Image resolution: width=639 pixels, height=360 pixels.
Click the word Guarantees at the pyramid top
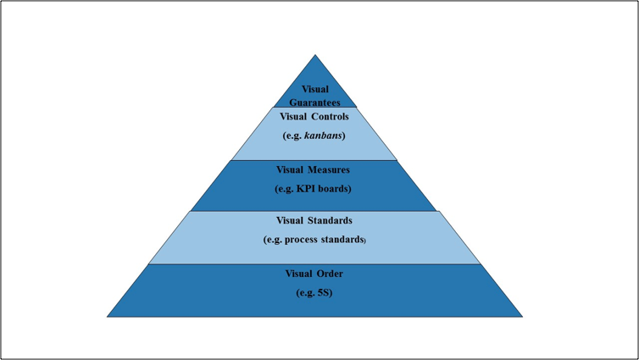tap(314, 102)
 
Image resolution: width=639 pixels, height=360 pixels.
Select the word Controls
tap(331, 117)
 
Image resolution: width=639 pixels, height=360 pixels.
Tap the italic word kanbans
tap(323, 136)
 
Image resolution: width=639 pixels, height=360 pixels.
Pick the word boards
tap(332, 189)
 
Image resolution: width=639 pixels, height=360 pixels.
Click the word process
tap(301, 240)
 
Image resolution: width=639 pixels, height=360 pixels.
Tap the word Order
tap(328, 274)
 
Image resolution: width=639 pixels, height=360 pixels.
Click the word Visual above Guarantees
tap(315, 89)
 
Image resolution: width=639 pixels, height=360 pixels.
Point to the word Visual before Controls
tap(293, 117)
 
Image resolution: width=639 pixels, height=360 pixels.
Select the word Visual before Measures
tap(290, 169)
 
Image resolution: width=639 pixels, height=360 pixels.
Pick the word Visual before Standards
tap(290, 220)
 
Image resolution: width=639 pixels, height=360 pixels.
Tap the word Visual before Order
tap(298, 274)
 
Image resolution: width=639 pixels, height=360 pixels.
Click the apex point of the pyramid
tap(315, 55)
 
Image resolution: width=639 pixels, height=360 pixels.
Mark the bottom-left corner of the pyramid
tap(107, 317)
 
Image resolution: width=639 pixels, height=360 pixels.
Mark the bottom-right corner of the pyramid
tap(522, 317)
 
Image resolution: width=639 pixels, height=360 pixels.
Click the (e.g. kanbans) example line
tap(314, 136)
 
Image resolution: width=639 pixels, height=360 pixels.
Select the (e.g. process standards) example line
tap(314, 240)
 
